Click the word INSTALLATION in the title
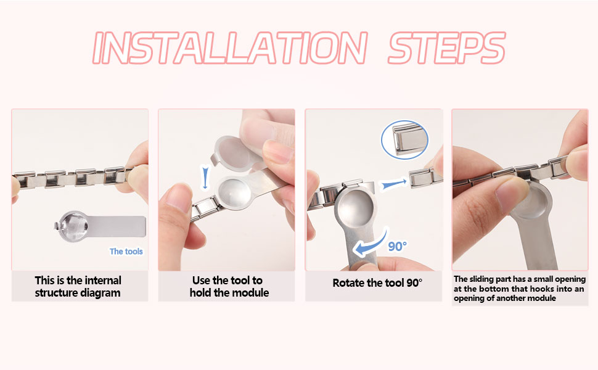230,47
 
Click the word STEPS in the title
446,47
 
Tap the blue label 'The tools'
126,252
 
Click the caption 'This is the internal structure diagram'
78,287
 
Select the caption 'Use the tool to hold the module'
229,287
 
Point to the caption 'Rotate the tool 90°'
377,283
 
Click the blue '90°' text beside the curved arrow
398,247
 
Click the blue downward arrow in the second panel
205,178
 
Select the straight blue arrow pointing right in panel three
394,184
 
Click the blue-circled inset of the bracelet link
404,139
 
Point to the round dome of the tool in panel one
73,226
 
